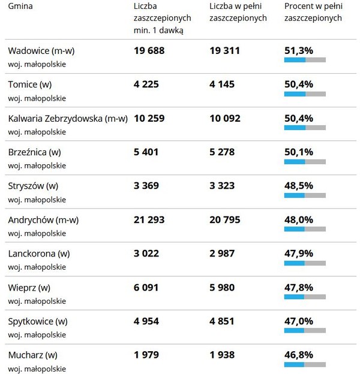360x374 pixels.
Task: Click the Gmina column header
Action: (x=20, y=6)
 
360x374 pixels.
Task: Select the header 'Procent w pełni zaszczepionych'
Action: (x=313, y=12)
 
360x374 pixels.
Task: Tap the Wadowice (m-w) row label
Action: (x=41, y=51)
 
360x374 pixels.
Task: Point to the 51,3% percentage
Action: (x=298, y=51)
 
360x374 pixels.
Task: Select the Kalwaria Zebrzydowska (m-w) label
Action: (x=68, y=119)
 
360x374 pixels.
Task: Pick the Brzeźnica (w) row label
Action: (x=35, y=152)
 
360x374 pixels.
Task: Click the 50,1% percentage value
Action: (x=298, y=152)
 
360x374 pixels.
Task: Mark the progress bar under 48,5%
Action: (x=305, y=195)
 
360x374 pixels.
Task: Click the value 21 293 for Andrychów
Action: (x=149, y=220)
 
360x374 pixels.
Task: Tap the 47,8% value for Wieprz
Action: (x=298, y=288)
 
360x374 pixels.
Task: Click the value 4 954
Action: (x=146, y=321)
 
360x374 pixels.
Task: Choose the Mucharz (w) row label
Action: (x=33, y=355)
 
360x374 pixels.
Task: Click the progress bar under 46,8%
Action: (x=305, y=364)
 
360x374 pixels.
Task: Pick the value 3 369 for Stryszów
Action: (x=146, y=186)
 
